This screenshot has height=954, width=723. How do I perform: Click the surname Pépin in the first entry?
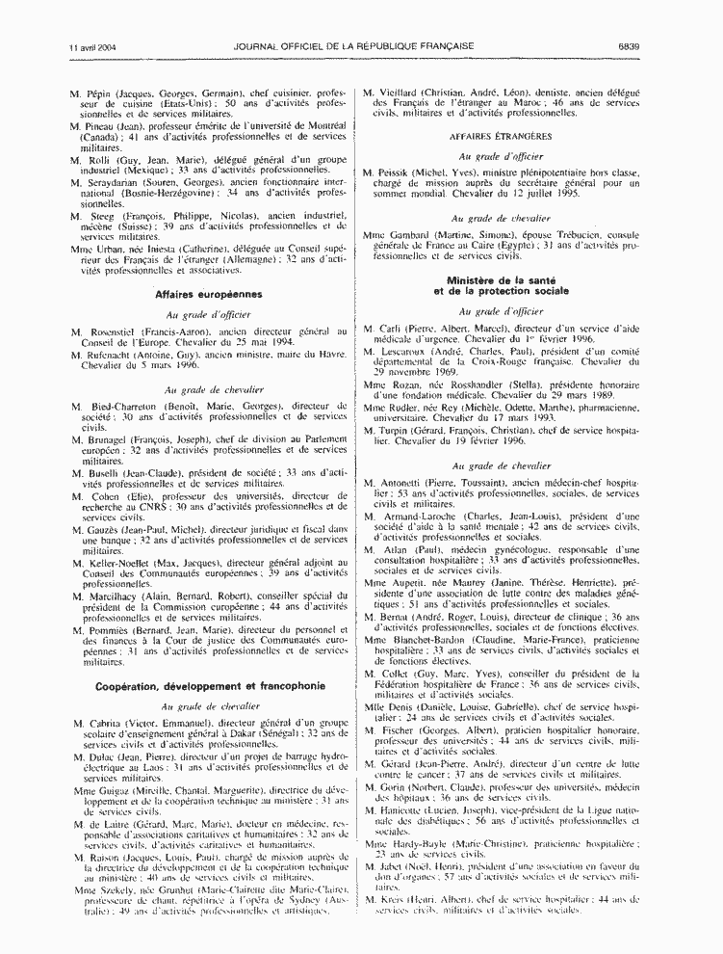click(100, 93)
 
